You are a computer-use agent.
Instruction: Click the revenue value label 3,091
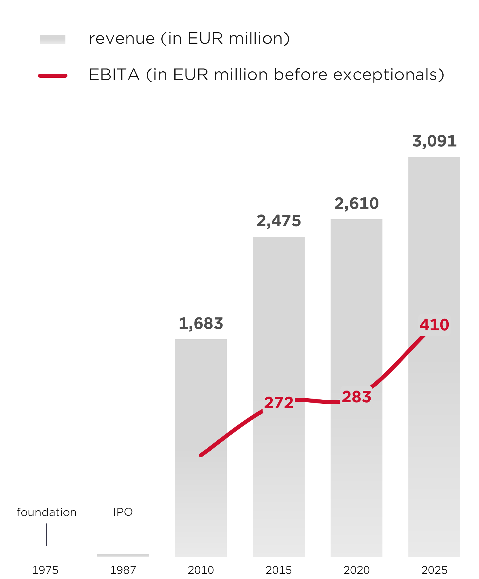434,141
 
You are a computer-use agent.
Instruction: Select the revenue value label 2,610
357,204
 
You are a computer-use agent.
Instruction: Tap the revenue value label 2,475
279,221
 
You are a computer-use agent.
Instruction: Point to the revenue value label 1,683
201,323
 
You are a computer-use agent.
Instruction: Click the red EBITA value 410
434,325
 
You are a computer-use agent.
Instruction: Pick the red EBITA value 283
357,397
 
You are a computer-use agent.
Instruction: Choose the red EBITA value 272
279,403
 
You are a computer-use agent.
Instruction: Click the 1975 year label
45,570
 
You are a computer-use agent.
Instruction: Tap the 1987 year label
123,570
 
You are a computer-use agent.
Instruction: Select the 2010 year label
201,570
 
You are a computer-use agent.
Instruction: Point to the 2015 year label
279,570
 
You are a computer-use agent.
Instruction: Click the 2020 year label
357,570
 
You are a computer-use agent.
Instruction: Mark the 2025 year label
434,570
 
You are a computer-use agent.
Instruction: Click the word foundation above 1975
47,512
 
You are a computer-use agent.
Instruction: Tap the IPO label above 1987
123,512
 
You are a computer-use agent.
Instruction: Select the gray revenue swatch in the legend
53,39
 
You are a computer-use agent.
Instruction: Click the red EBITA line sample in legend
53,76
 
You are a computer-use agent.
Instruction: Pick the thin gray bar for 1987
123,555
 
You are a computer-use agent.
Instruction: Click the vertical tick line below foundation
47,534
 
